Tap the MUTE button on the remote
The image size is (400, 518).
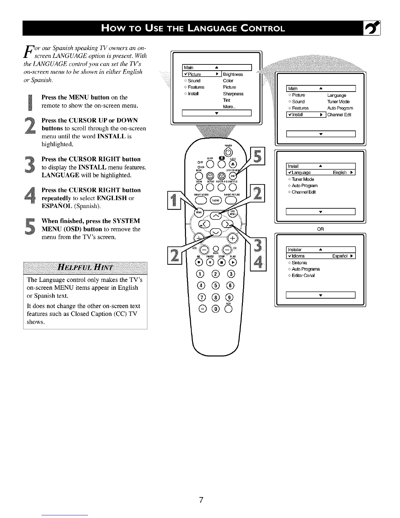tap(215, 248)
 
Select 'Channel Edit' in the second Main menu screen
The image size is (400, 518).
tap(339, 115)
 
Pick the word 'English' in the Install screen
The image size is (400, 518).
tap(340, 173)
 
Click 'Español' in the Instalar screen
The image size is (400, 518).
tap(340, 256)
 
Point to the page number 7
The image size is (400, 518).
tap(201, 500)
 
